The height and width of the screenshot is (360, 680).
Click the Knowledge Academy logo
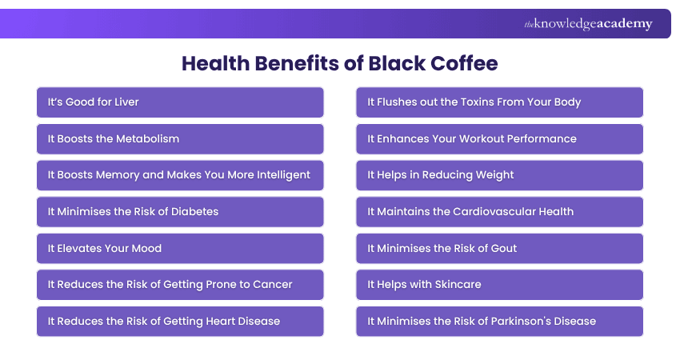588,24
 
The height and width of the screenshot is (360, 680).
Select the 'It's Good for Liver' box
180,102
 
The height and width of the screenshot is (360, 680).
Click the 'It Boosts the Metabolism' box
180,139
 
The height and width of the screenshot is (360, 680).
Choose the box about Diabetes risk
180,212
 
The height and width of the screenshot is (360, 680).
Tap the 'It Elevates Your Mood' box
180,249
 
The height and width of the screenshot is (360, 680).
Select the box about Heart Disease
180,322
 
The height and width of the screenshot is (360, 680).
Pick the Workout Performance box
500,139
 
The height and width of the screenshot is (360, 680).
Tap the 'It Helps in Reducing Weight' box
500,175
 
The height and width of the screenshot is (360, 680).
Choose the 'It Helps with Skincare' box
500,285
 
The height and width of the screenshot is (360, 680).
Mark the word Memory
117,175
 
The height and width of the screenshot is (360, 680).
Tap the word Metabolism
148,139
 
